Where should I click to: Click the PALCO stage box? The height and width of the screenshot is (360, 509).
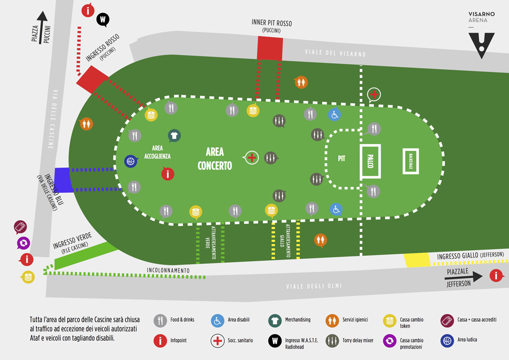click(371, 162)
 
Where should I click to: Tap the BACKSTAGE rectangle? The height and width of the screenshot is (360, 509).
click(411, 162)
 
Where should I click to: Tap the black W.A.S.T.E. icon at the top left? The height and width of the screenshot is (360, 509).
click(103, 20)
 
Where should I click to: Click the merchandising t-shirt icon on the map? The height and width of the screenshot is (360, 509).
click(174, 135)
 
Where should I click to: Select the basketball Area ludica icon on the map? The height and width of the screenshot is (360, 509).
click(131, 161)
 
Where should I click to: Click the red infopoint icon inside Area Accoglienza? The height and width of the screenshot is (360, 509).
click(167, 174)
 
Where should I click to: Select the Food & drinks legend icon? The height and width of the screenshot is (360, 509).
click(161, 320)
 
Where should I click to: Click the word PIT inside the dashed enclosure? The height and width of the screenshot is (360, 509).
click(342, 158)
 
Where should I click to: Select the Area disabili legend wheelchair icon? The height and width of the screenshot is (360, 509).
click(217, 320)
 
